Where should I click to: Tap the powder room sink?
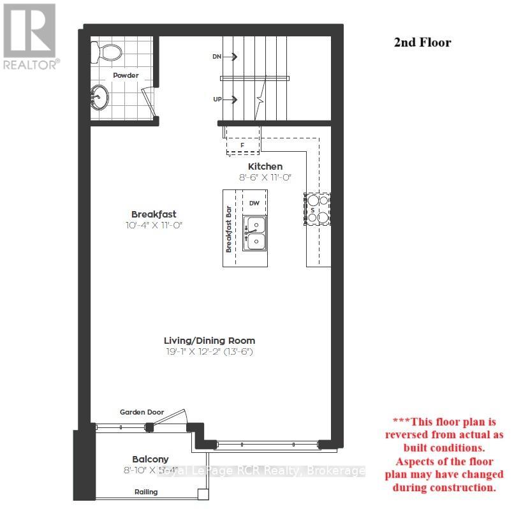click(99, 99)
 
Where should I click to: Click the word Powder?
click(126, 75)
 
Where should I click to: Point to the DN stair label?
click(217, 57)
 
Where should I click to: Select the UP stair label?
click(217, 100)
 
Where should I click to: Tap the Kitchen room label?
click(265, 166)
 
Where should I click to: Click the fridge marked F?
click(242, 145)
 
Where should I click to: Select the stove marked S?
click(318, 209)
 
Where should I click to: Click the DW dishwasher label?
click(254, 203)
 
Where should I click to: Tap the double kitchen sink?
click(255, 232)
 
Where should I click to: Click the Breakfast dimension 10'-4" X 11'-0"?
click(154, 225)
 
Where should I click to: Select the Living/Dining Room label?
click(209, 341)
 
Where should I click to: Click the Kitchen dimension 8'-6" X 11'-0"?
click(265, 178)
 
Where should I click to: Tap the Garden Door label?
click(142, 412)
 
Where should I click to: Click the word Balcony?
click(150, 459)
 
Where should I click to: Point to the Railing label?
click(145, 492)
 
